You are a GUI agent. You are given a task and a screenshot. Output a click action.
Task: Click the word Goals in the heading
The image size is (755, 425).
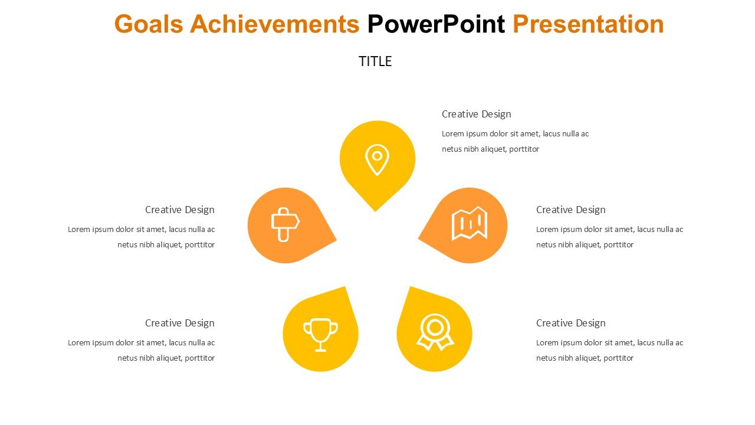pos(149,24)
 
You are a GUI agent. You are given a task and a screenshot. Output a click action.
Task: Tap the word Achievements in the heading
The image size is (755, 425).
pos(275,24)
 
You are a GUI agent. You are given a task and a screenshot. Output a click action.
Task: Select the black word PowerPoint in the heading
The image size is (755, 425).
pos(436,24)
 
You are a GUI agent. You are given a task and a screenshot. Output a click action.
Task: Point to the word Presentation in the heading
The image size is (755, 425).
pos(588,24)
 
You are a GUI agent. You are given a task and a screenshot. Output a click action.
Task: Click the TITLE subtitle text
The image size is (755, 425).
pos(375,61)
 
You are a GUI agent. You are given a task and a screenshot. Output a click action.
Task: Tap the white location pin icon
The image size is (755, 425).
pos(377,160)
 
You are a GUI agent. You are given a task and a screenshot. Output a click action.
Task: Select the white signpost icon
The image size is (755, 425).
pos(285,225)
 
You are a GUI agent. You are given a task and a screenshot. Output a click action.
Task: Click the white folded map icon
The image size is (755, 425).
pos(469,223)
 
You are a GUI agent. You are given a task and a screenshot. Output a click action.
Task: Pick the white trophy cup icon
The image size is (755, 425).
pos(320,335)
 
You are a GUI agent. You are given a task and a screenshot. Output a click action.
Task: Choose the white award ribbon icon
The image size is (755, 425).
pos(435,332)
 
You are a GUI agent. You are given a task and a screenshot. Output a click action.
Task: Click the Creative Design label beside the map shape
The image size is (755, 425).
pos(570,210)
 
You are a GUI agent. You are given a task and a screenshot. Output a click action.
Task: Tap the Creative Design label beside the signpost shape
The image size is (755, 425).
pos(180,210)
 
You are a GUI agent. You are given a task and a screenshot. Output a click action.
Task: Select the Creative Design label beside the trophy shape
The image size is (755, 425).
pos(180,323)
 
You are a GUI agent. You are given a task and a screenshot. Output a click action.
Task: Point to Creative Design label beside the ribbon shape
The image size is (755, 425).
pos(570,323)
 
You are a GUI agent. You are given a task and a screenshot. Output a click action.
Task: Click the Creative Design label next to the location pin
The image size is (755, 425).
pos(476,115)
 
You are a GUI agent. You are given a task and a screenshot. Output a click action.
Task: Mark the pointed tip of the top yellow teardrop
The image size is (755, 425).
pos(376,211)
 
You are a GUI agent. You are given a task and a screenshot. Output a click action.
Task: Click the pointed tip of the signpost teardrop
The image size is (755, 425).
pos(336,240)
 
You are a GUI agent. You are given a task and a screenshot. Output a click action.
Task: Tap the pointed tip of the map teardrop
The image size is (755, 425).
pos(418,238)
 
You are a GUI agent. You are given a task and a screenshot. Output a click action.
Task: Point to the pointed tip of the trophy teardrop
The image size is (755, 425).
pos(345,287)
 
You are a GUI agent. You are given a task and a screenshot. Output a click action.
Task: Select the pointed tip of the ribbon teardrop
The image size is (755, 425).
pos(410,287)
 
